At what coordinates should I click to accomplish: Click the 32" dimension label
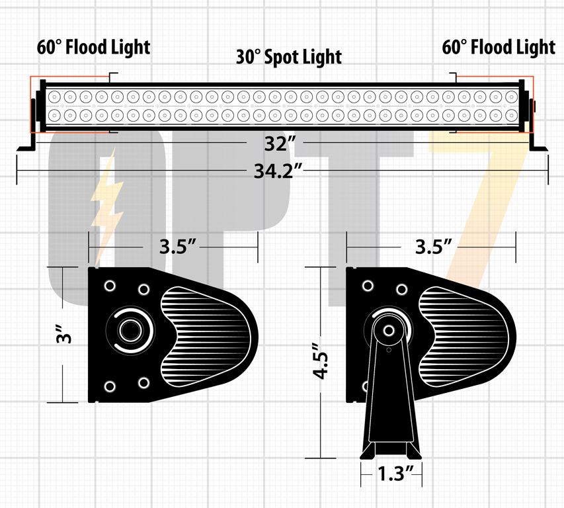click(280, 144)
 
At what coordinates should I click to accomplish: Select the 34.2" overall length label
click(278, 171)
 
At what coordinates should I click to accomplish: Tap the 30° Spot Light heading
click(289, 57)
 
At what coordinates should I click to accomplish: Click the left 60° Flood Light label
click(93, 48)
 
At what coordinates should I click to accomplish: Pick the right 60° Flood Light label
click(499, 48)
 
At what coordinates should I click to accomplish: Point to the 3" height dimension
click(64, 335)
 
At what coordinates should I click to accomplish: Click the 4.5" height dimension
click(320, 361)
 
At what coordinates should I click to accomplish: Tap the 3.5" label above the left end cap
click(178, 247)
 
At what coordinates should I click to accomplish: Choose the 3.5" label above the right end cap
click(434, 247)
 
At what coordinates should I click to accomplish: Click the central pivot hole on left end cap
click(130, 330)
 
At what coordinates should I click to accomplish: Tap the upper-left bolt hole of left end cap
click(110, 286)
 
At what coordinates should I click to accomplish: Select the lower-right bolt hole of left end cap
click(144, 383)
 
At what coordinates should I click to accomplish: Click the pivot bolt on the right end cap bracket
click(389, 330)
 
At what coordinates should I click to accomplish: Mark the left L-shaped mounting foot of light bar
click(28, 126)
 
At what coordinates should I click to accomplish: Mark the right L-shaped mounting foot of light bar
click(538, 126)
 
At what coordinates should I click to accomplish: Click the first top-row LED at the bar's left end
click(54, 97)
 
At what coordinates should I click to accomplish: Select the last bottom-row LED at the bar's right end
click(512, 116)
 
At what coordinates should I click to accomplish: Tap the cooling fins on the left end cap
click(205, 337)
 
